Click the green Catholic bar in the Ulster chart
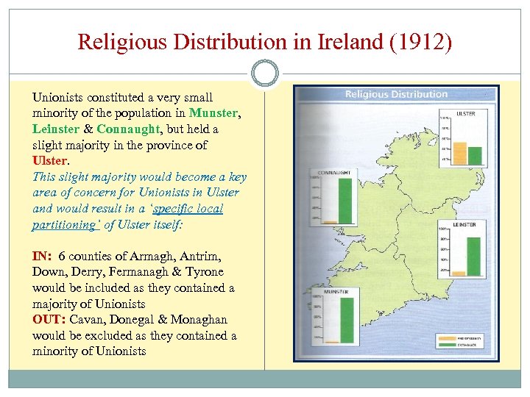coord(475,155)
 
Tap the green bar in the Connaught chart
coord(344,201)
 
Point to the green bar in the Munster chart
coord(346,320)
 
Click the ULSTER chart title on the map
coord(465,114)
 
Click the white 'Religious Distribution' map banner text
coord(397,94)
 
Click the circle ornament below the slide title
coord(265,73)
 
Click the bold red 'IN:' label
coord(43,257)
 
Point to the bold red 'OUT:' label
coord(48,320)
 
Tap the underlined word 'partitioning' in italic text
coord(64,225)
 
